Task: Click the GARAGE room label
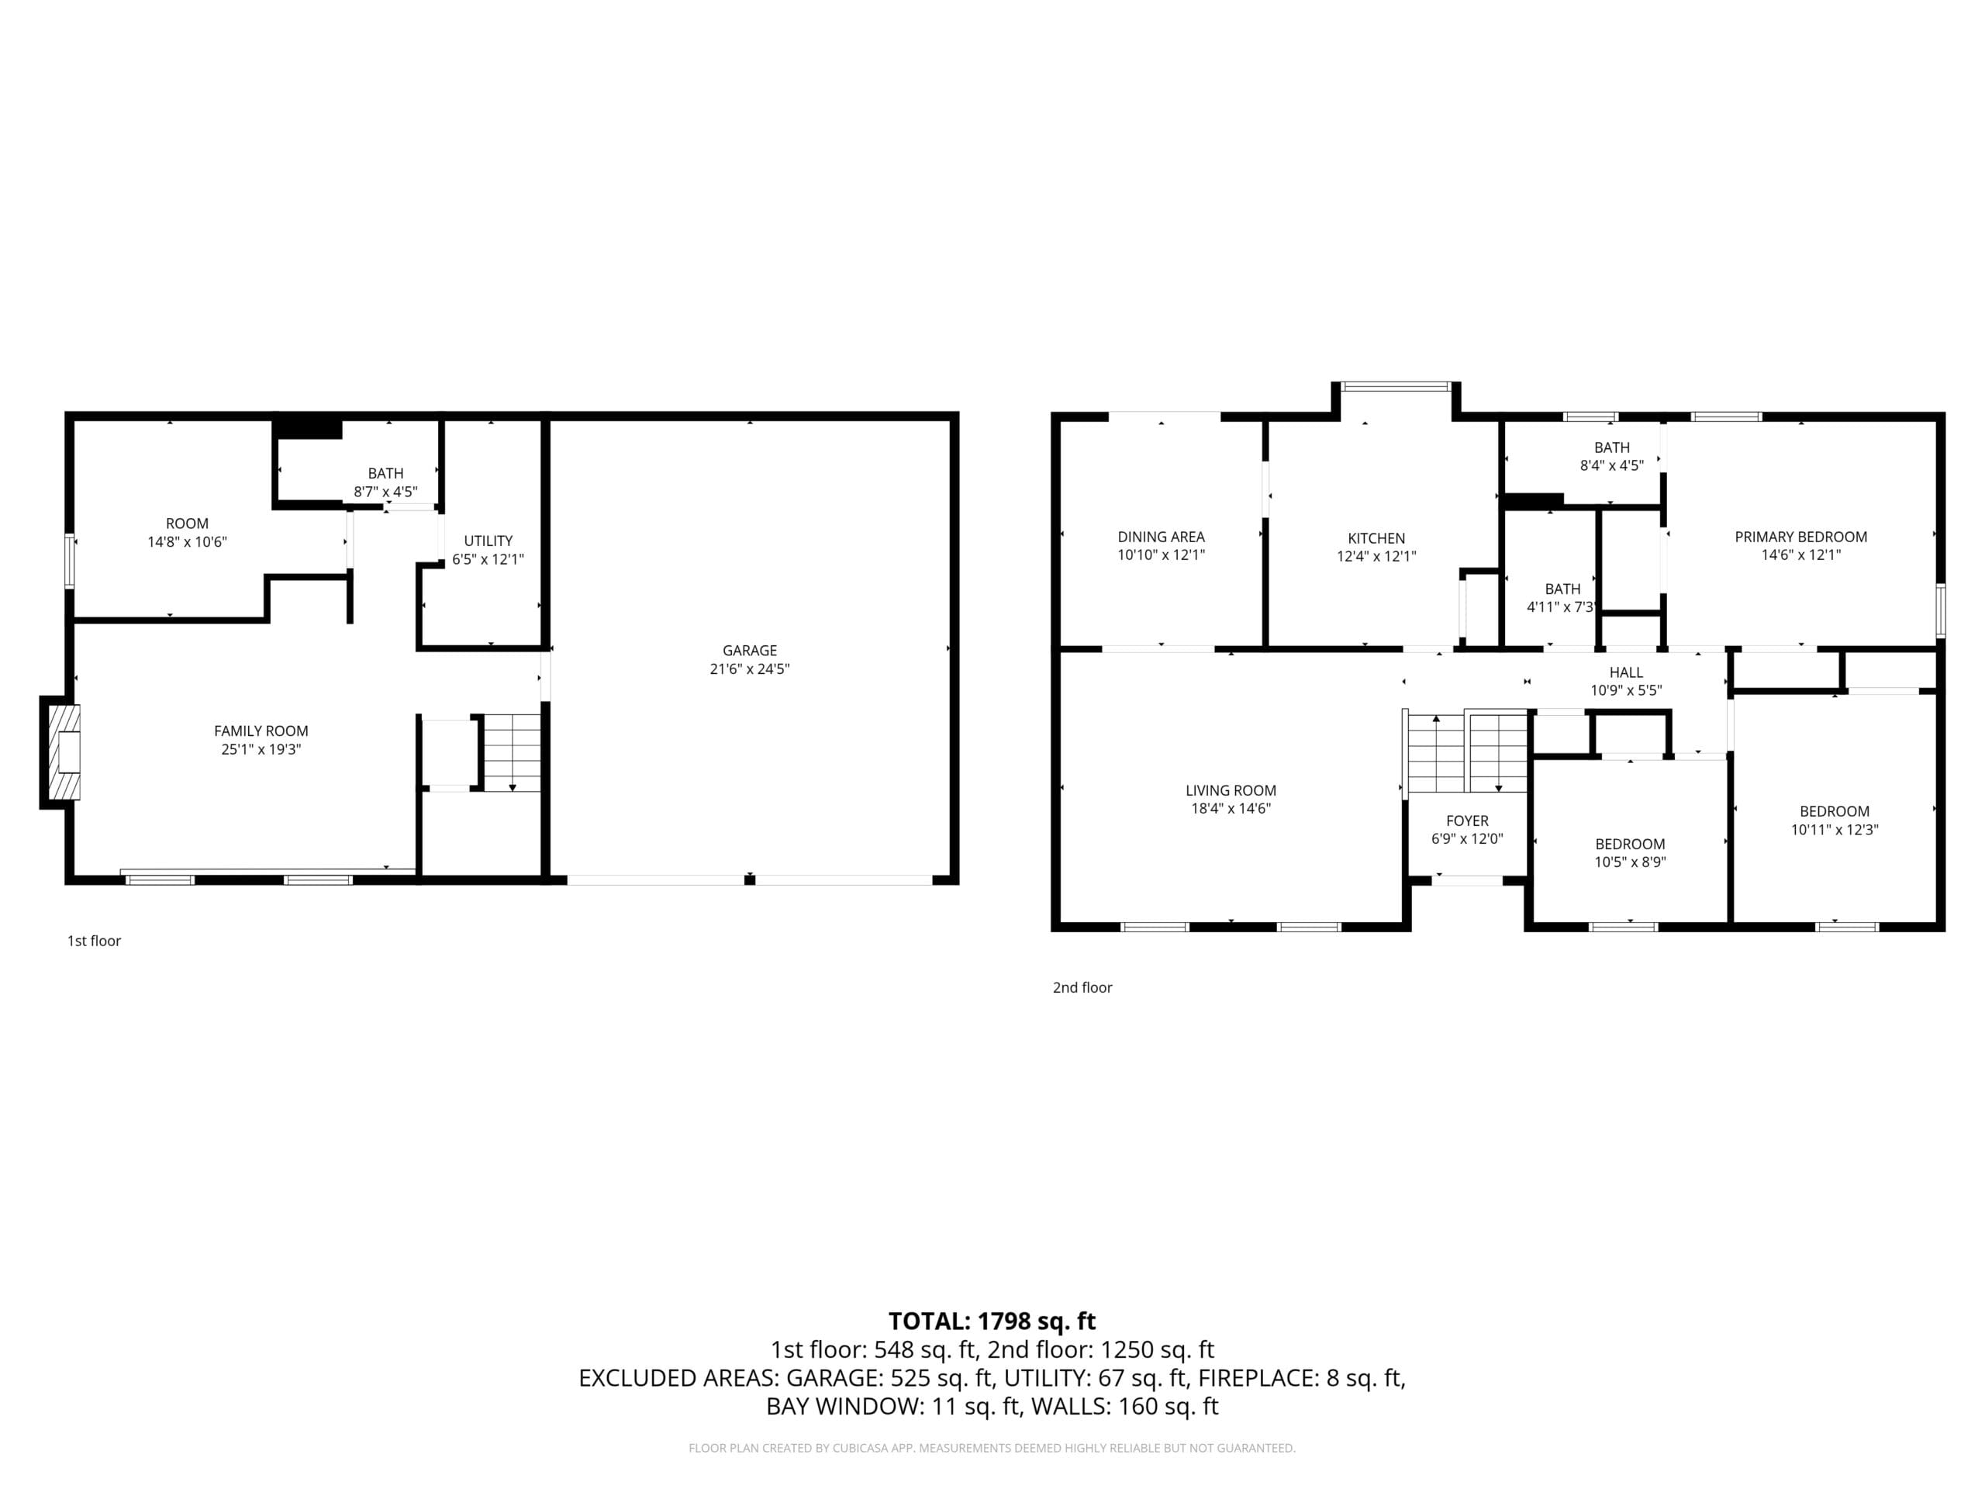pos(749,650)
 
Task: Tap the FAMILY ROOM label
pos(261,731)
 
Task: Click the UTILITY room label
pos(488,541)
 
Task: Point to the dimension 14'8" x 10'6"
pos(188,541)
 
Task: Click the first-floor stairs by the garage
pos(513,752)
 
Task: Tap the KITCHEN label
pos(1376,537)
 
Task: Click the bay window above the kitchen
pos(1396,387)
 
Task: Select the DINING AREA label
pos(1162,537)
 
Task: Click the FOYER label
pos(1467,821)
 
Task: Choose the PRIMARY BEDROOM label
pos(1801,537)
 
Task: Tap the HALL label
pos(1626,672)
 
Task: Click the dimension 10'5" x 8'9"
pos(1630,862)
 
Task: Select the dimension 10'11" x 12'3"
pos(1835,829)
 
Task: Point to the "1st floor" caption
pos(95,941)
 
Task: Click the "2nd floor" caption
pos(1082,987)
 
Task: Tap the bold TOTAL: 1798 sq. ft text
pos(992,1321)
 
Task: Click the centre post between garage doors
pos(749,879)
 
